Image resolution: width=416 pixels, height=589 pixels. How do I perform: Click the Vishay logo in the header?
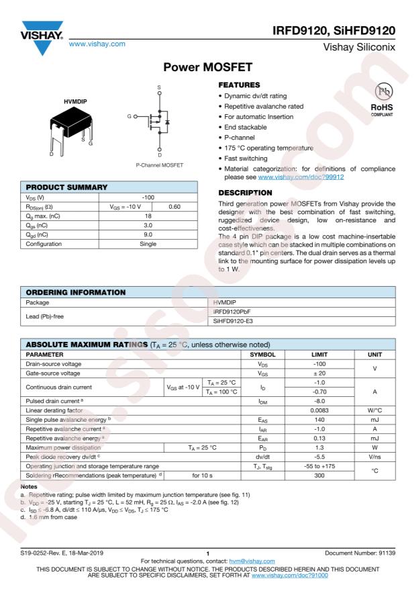(x=41, y=38)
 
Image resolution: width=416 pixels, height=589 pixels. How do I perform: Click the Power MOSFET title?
(x=207, y=68)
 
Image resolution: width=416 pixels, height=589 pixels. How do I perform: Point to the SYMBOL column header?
(x=262, y=353)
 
